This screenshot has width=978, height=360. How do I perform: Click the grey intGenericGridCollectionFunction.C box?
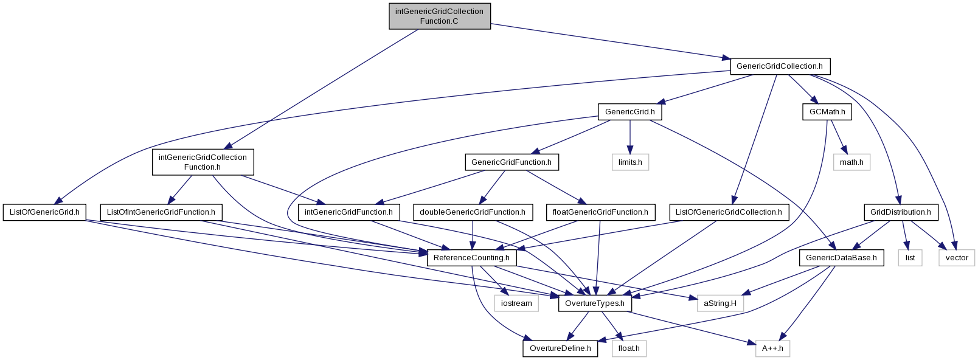[440, 16]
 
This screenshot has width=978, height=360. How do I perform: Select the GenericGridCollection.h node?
[780, 66]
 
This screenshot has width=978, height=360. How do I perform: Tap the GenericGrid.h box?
[629, 112]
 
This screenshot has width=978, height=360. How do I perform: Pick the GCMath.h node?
[827, 112]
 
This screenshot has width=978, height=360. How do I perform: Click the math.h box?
[851, 162]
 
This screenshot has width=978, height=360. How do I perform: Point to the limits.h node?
[630, 162]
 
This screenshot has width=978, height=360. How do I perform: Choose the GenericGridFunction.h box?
[512, 162]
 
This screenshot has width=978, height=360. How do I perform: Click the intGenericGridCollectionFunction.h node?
[203, 162]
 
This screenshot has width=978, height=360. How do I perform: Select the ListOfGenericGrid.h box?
[44, 212]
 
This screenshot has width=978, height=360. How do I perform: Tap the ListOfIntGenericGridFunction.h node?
[161, 212]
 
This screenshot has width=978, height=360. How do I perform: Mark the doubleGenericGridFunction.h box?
[473, 212]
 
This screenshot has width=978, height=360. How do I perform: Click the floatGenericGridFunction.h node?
[600, 212]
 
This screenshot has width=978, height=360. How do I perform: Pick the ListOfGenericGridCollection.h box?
[729, 212]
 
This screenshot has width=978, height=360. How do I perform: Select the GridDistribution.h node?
[901, 212]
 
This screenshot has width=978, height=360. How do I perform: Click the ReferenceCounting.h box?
[471, 258]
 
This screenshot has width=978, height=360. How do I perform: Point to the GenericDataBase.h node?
[841, 258]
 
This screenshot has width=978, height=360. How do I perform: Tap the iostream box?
[516, 303]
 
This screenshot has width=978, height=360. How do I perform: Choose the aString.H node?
[720, 303]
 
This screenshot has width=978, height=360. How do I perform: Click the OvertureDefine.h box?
[560, 348]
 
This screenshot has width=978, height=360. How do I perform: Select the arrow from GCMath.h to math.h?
[839, 137]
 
